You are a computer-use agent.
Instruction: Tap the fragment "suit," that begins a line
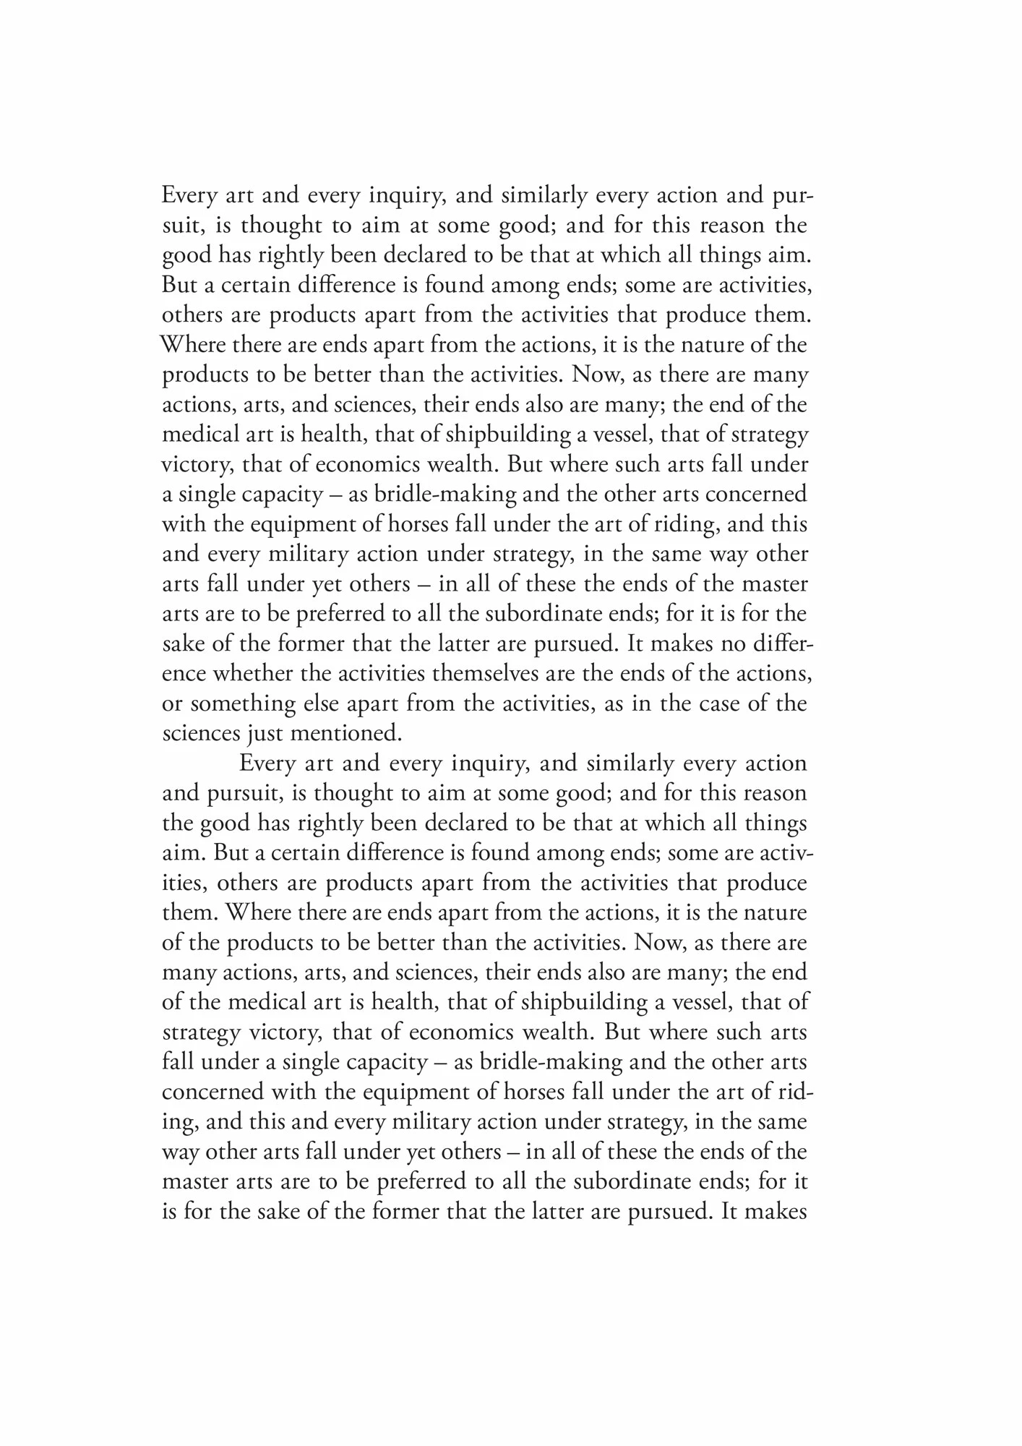pos(181,226)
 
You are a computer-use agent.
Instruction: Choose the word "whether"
pos(254,673)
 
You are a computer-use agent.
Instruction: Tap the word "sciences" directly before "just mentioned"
pos(199,733)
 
